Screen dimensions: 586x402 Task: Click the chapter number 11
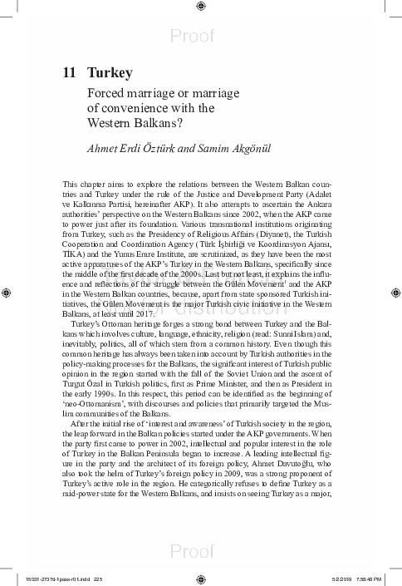point(70,73)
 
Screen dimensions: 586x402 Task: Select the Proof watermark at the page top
point(202,36)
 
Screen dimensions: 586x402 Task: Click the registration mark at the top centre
point(202,7)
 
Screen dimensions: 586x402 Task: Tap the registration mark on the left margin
point(7,293)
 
